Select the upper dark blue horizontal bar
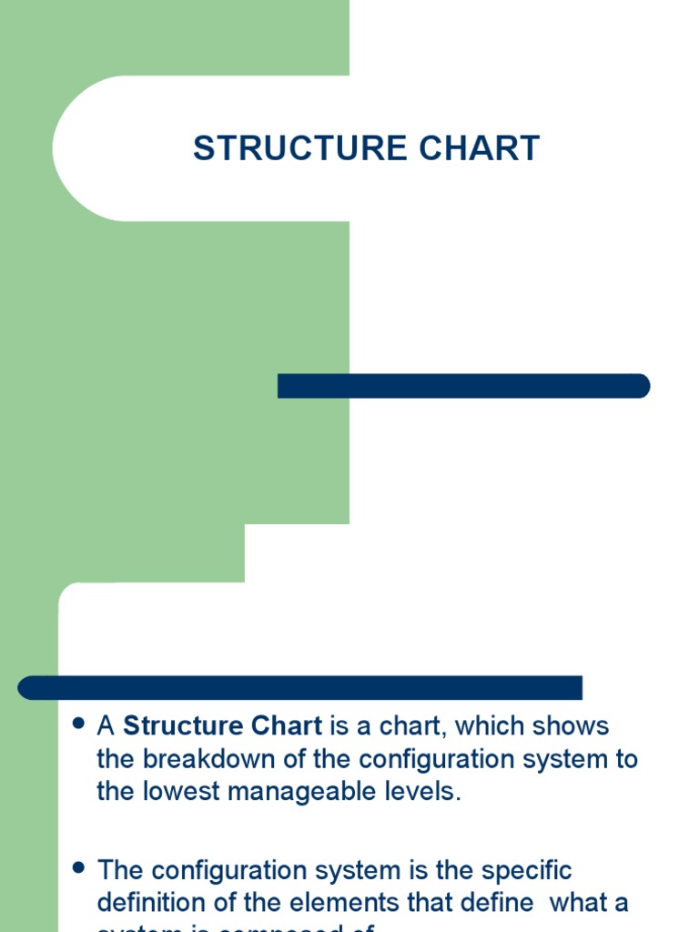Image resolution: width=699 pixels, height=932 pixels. [463, 386]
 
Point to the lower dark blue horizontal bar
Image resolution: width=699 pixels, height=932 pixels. [300, 688]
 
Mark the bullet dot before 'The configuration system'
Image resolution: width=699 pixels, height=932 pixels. [77, 867]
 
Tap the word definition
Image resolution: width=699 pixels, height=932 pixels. [149, 903]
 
